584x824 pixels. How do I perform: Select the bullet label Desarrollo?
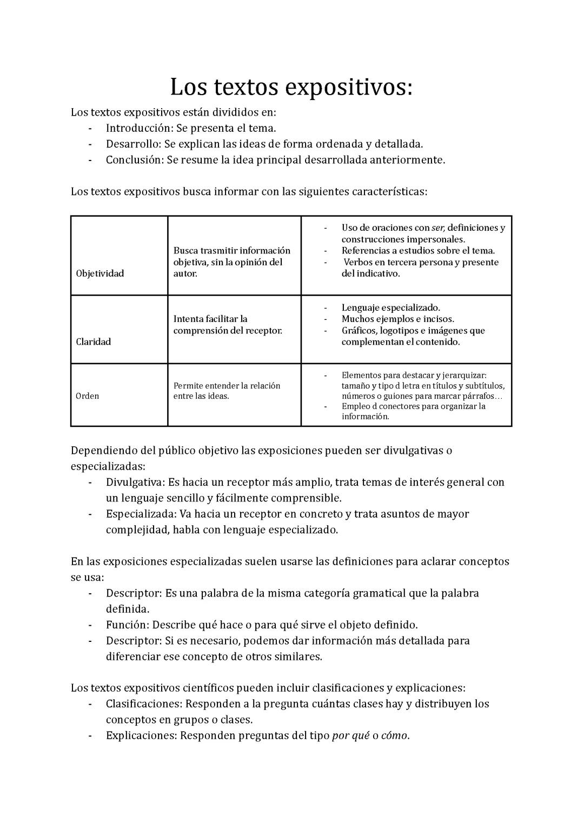[132, 144]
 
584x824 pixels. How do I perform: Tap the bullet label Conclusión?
[134, 160]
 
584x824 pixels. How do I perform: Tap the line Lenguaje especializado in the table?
[390, 307]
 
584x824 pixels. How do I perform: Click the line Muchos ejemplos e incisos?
[397, 319]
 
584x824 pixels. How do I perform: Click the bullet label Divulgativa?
[135, 482]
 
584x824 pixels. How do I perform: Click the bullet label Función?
[127, 625]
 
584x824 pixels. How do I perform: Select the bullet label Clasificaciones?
[143, 704]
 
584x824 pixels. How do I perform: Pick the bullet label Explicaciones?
[141, 736]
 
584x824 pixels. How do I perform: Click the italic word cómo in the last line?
[394, 736]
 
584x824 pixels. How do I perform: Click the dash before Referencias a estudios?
[326, 251]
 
